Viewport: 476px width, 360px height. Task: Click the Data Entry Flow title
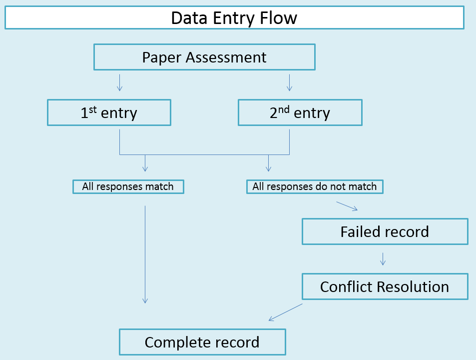coord(234,18)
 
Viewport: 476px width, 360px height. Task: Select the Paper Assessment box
coord(204,57)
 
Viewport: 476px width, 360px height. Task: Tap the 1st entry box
coord(109,112)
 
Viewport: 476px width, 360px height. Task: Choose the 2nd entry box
coord(300,112)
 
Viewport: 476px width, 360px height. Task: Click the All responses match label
coord(128,186)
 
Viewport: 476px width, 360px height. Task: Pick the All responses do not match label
coord(315,186)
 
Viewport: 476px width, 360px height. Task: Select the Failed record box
coord(385,231)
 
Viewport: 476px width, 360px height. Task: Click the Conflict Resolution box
coord(385,286)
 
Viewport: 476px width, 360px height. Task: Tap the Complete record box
coord(202,342)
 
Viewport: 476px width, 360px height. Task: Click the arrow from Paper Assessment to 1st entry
coord(119,82)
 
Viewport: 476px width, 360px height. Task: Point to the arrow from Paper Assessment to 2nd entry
coord(289,82)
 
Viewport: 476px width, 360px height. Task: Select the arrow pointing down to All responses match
coord(145,163)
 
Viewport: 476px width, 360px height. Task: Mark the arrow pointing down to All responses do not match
coord(268,163)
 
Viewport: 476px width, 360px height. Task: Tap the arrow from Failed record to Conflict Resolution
coord(383,259)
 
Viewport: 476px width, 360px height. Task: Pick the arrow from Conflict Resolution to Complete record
coord(286,312)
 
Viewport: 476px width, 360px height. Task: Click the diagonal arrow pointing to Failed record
coord(347,206)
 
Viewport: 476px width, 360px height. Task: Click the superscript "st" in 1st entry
coord(93,109)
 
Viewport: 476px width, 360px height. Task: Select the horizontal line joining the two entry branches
coord(204,154)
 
